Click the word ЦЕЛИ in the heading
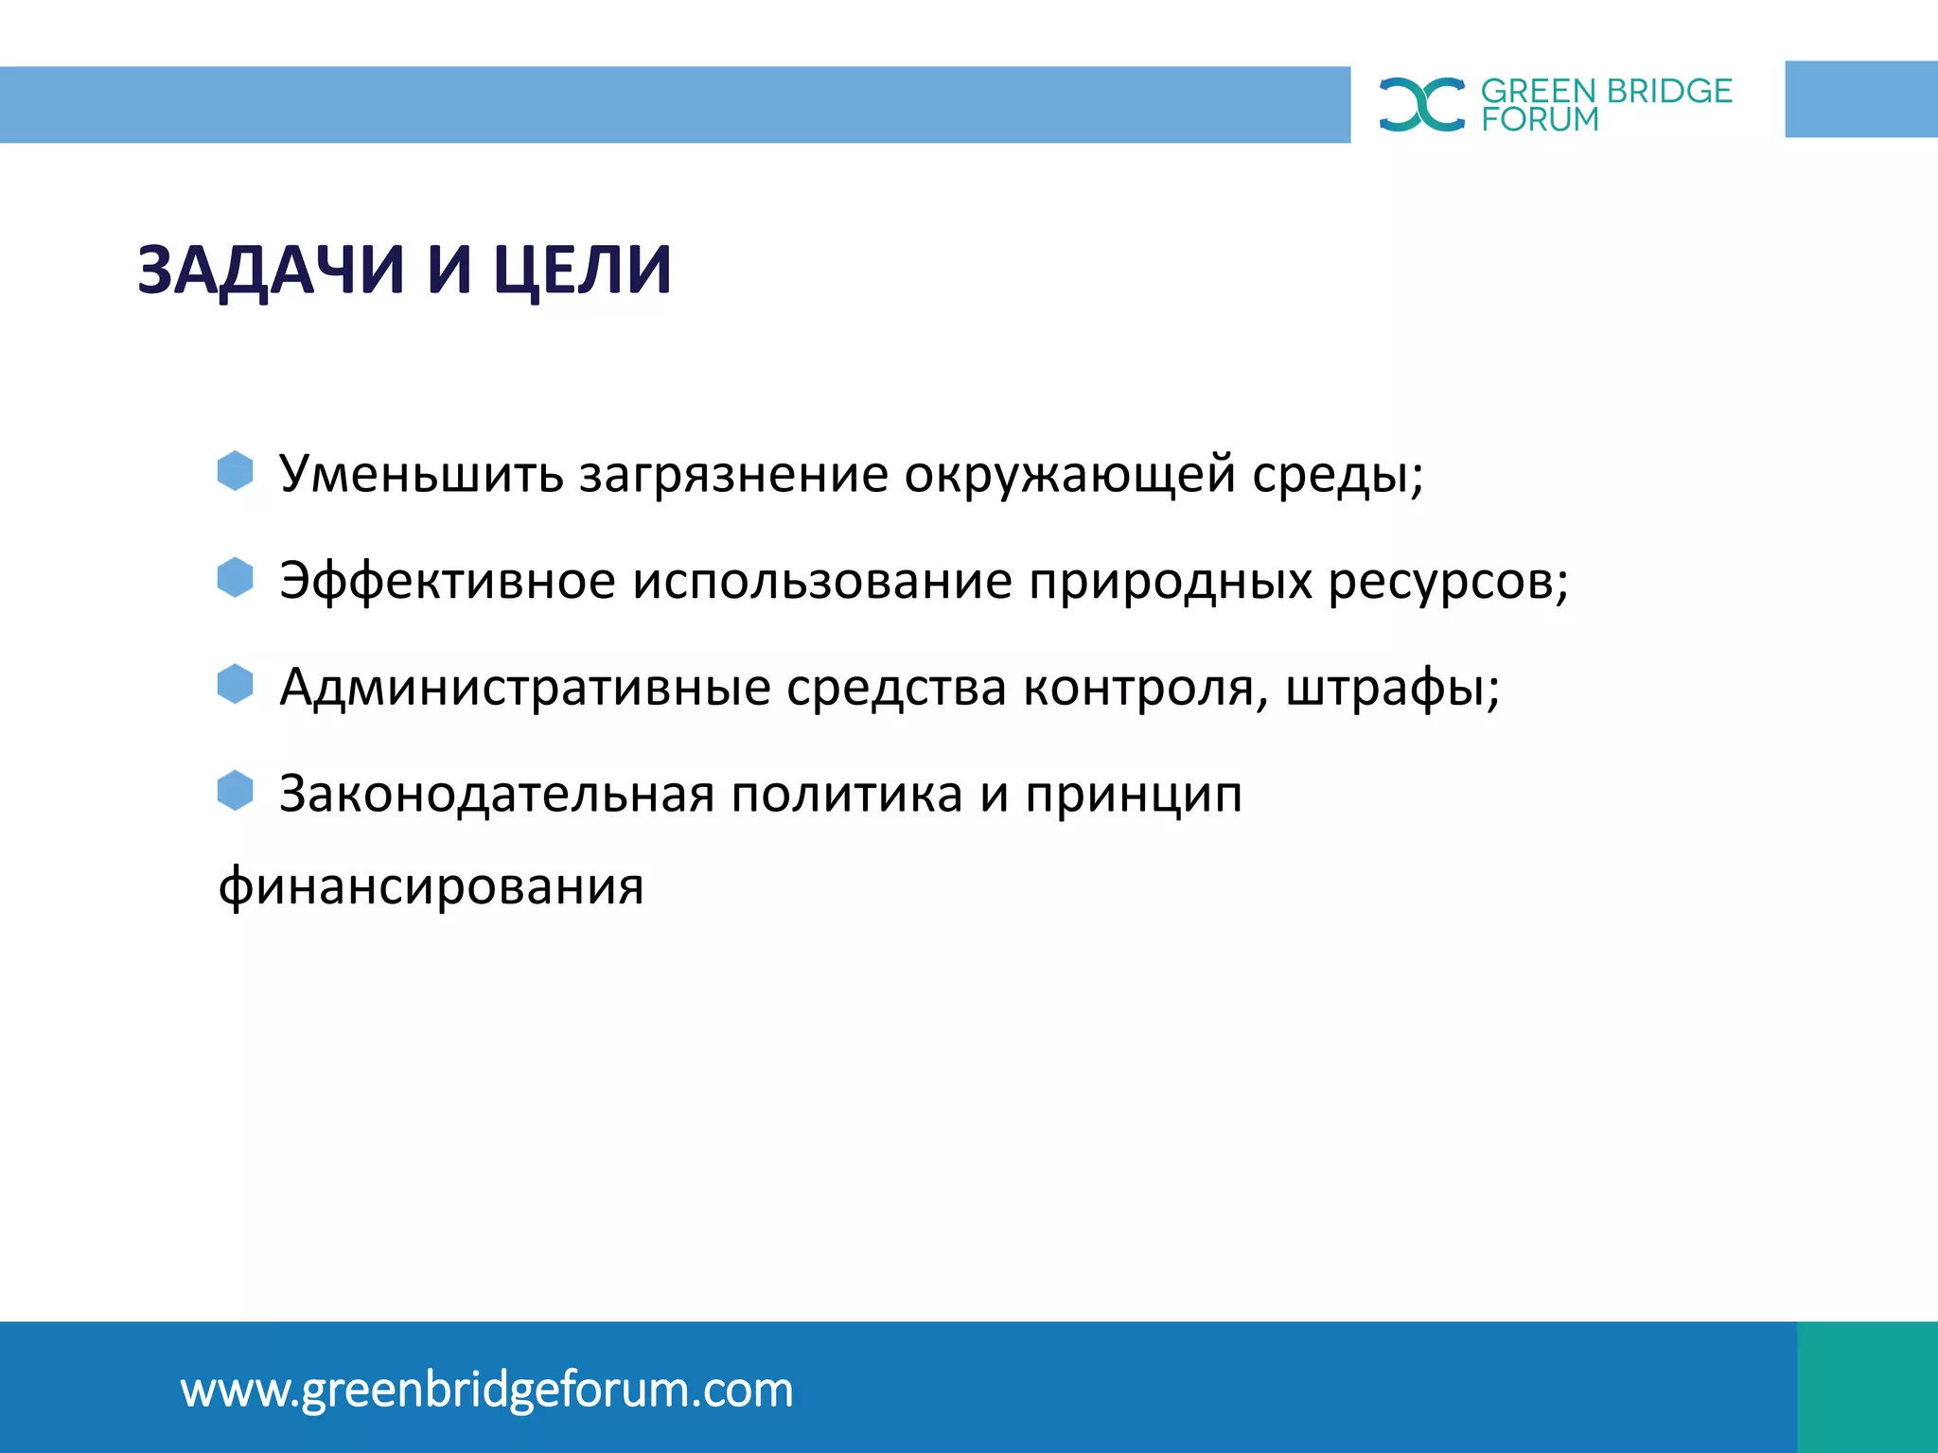click(x=583, y=271)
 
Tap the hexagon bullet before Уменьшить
click(x=235, y=470)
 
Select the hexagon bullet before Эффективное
click(x=235, y=577)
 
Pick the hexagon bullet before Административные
click(x=235, y=684)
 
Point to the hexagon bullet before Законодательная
click(x=235, y=791)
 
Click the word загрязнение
click(x=733, y=476)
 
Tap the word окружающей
click(x=1069, y=476)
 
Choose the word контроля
click(x=1140, y=689)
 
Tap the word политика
click(x=847, y=795)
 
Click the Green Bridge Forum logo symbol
click(x=1421, y=104)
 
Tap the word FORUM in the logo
click(x=1540, y=120)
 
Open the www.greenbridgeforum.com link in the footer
click(x=486, y=1391)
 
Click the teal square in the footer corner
click(x=1866, y=1387)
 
